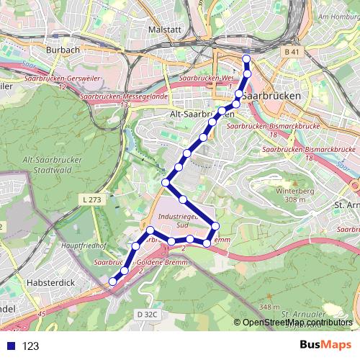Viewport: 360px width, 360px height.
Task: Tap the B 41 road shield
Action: click(291, 53)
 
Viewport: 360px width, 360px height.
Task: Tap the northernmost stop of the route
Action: click(246, 59)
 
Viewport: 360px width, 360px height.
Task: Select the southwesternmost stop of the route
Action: click(112, 282)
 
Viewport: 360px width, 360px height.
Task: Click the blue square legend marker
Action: click(11, 346)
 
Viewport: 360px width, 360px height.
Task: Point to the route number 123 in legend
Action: click(30, 346)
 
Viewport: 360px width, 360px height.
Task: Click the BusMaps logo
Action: click(321, 346)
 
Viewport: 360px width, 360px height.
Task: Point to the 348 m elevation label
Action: click(269, 307)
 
